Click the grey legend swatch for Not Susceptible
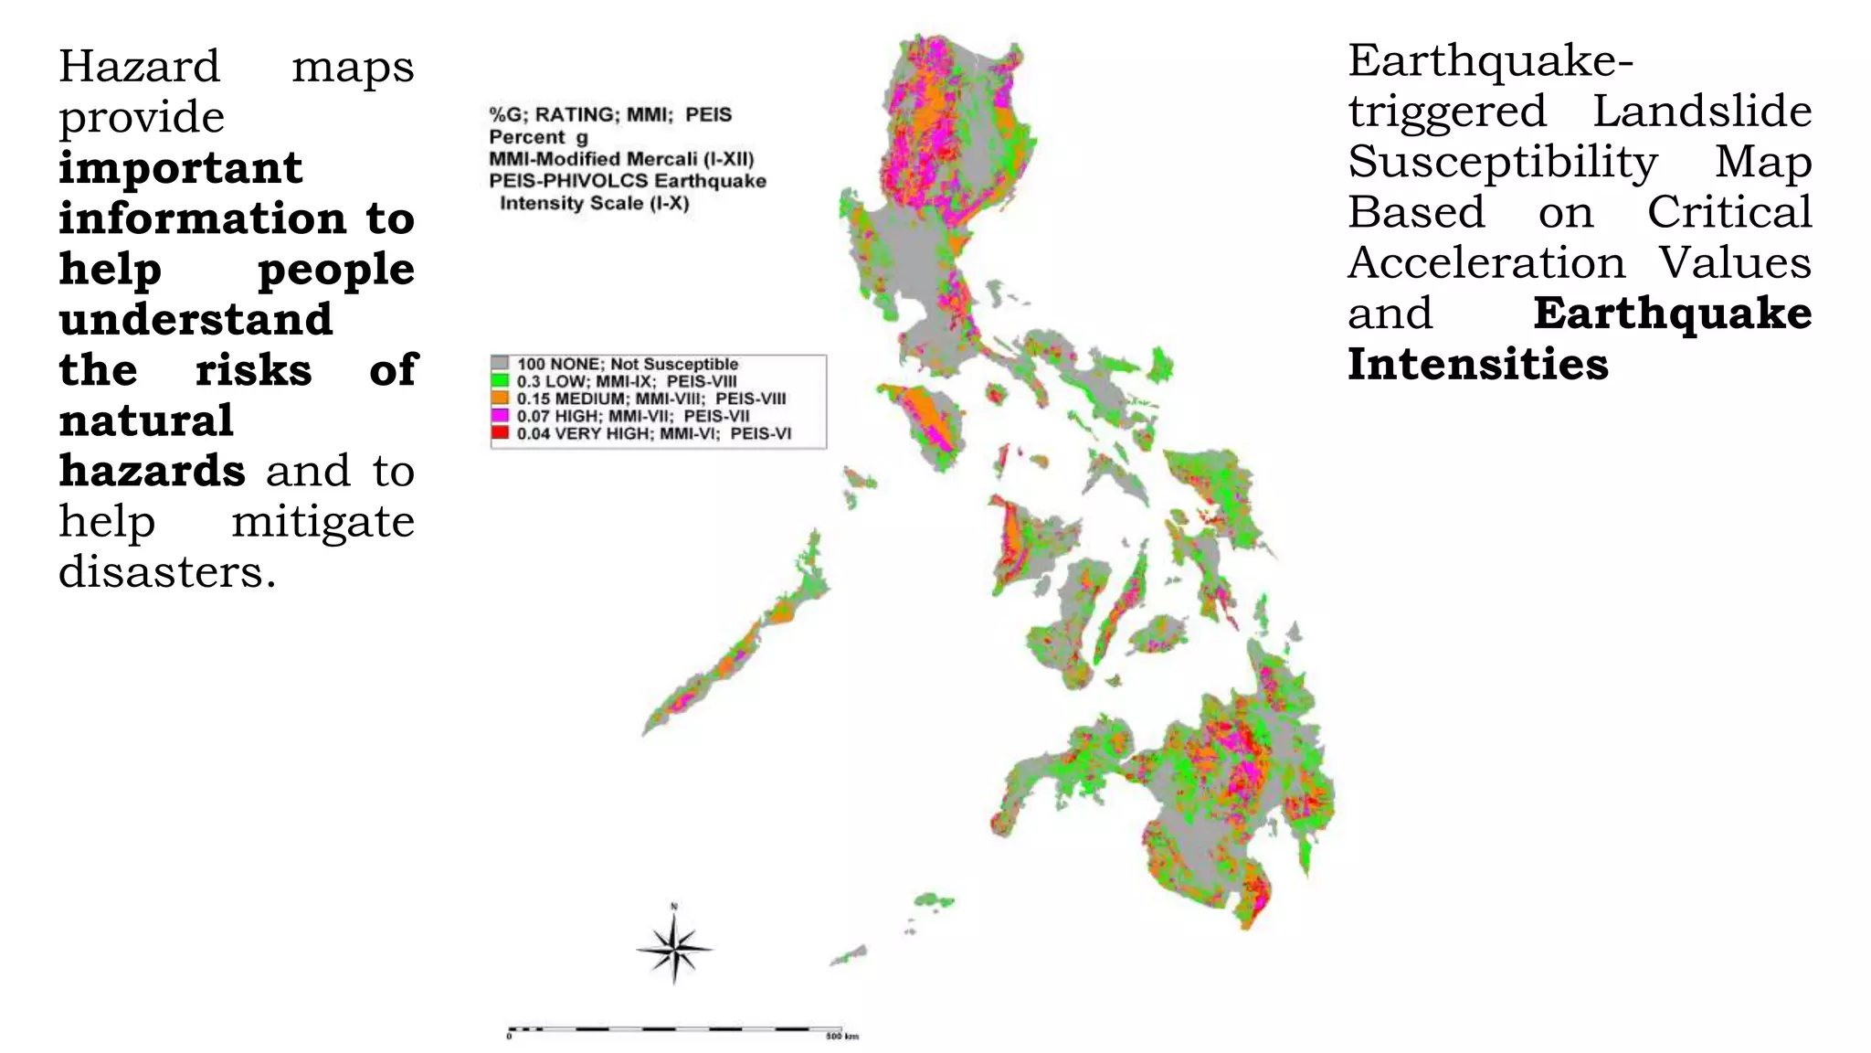point(500,364)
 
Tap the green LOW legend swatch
point(500,381)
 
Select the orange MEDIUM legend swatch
point(500,399)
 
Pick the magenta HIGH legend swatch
point(500,416)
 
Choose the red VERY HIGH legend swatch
point(500,433)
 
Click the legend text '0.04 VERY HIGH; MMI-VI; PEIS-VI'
point(654,433)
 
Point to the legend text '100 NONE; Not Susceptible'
point(628,364)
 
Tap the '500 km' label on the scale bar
point(841,1037)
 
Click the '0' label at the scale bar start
point(509,1037)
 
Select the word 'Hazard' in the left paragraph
point(140,67)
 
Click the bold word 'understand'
point(196,319)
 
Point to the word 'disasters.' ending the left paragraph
point(167,572)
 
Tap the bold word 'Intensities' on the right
point(1477,364)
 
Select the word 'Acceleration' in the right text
point(1486,263)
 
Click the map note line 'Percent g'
point(538,137)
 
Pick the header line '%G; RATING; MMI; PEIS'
point(610,115)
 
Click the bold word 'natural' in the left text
point(146,420)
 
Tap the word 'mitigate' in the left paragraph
point(322,522)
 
